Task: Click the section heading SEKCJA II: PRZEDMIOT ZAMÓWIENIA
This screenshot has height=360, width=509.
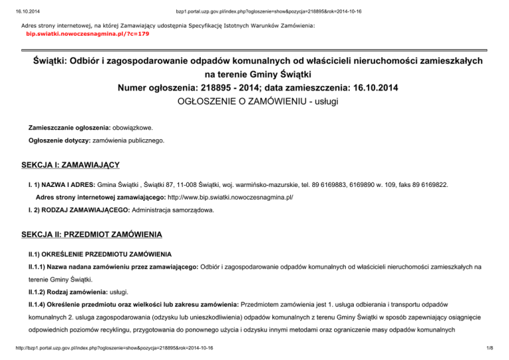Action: pyautogui.click(x=90, y=235)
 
